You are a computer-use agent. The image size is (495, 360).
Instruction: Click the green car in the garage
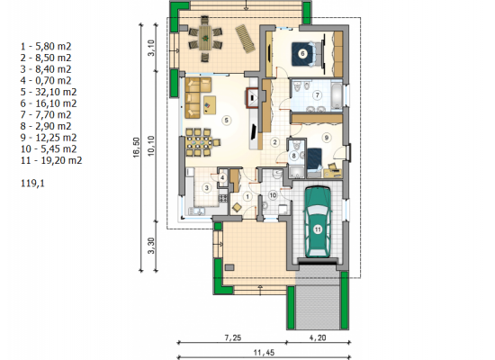318,221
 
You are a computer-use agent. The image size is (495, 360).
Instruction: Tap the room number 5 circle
226,120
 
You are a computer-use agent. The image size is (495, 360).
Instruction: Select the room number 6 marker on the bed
302,54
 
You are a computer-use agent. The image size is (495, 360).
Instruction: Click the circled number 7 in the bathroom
318,94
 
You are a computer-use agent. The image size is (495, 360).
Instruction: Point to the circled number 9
327,138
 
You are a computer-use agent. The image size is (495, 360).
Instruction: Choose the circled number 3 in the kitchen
207,188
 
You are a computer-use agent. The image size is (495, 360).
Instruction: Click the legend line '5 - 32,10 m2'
49,92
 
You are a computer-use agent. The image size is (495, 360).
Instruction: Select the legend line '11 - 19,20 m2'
51,160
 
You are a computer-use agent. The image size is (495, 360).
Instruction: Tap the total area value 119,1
32,184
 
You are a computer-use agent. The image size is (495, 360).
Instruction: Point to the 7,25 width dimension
233,337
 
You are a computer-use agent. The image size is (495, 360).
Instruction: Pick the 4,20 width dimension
318,337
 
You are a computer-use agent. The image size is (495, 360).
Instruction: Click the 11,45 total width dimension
264,352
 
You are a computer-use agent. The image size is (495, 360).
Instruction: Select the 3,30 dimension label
151,246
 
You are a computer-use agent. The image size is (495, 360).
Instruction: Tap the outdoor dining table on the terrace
205,38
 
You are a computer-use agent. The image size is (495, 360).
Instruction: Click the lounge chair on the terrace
246,38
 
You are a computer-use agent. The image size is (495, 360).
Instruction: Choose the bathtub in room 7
337,94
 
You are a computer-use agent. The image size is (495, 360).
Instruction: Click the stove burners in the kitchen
223,198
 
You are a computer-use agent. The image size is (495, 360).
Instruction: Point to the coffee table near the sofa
210,105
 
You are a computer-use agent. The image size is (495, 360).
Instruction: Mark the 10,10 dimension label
151,146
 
